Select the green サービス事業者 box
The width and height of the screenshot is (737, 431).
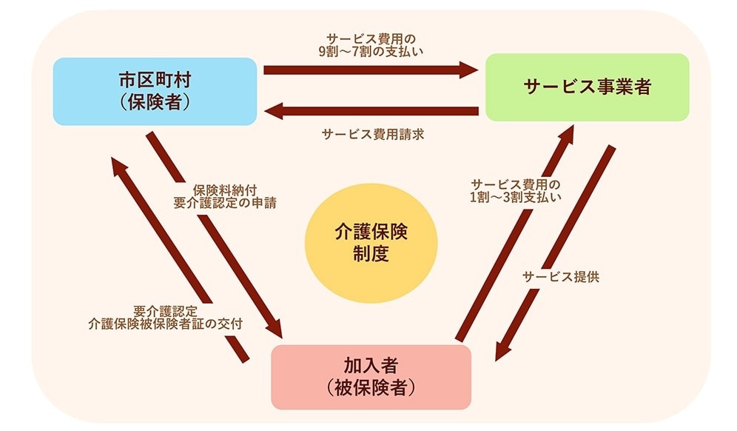(x=587, y=87)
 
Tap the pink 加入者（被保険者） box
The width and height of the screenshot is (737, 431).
(x=371, y=376)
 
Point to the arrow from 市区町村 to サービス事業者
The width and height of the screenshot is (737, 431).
(x=370, y=70)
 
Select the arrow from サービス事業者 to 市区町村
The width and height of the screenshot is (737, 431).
(x=370, y=112)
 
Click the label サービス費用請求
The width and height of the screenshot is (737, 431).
(x=372, y=134)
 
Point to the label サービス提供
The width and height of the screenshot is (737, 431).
(x=560, y=277)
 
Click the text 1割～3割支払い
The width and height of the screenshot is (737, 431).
(x=516, y=197)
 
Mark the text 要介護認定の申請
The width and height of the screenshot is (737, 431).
(x=225, y=202)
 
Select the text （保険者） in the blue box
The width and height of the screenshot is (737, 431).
(x=155, y=101)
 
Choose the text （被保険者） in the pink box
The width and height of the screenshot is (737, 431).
(x=371, y=387)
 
